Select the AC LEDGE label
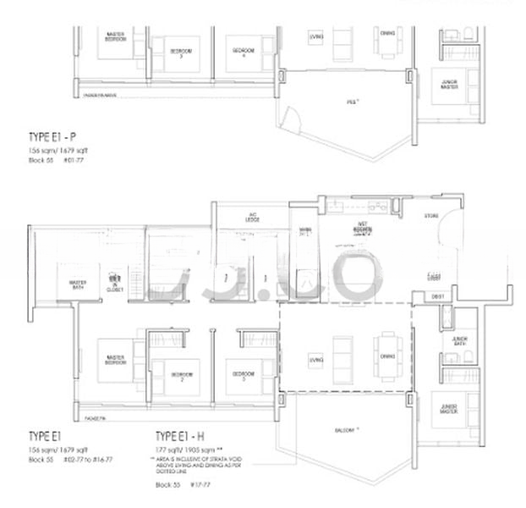(x=252, y=218)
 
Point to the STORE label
(x=432, y=216)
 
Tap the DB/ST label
(x=438, y=296)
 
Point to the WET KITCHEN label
(x=365, y=227)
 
